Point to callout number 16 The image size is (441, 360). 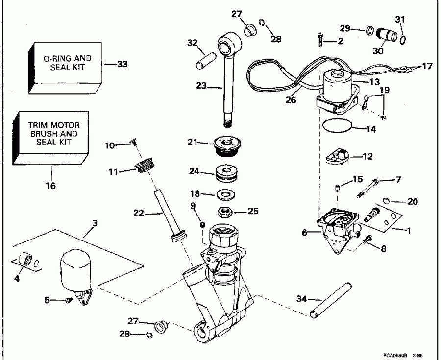[x=51, y=186]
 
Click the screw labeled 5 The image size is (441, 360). [x=69, y=300]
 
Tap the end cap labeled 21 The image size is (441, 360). [x=226, y=145]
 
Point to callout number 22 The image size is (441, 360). [x=138, y=213]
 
